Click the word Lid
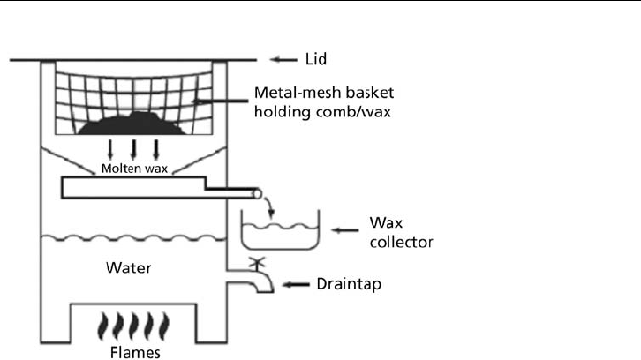click(316, 59)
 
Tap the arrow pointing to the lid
click(283, 60)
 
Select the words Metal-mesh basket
click(324, 93)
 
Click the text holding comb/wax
click(322, 111)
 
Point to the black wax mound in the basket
click(132, 124)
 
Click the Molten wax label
click(134, 169)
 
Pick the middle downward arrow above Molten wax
click(132, 149)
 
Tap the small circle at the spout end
click(257, 194)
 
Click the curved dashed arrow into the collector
click(269, 207)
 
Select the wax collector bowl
click(281, 248)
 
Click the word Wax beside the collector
click(386, 222)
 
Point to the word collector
click(401, 242)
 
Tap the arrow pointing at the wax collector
click(344, 230)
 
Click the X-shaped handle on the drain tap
click(257, 262)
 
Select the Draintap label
click(349, 284)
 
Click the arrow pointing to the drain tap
click(296, 284)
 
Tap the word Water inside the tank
click(128, 267)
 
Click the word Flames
click(135, 352)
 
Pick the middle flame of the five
click(133, 326)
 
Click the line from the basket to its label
click(221, 101)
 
